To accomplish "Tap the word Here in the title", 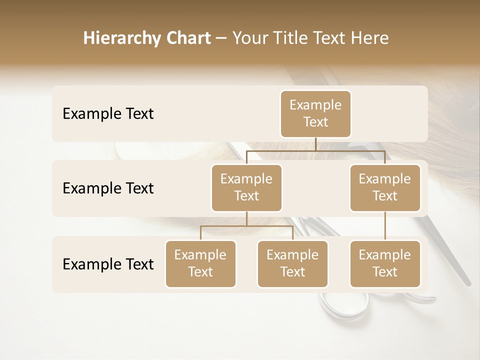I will point(370,38).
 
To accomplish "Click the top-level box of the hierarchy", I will point(315,113).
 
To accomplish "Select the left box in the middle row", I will point(246,187).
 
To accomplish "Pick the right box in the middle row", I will point(385,187).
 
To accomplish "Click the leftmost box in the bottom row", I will point(200,263).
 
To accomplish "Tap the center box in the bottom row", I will point(292,263).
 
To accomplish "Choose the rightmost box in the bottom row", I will point(385,263).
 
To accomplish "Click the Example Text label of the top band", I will point(108,114).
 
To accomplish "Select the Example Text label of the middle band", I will point(108,188).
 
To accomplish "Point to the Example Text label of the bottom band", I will point(108,264).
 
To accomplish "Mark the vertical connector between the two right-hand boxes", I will point(385,226).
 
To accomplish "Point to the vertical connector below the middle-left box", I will point(246,218).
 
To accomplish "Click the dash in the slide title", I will point(221,38).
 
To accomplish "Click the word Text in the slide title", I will point(327,38).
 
